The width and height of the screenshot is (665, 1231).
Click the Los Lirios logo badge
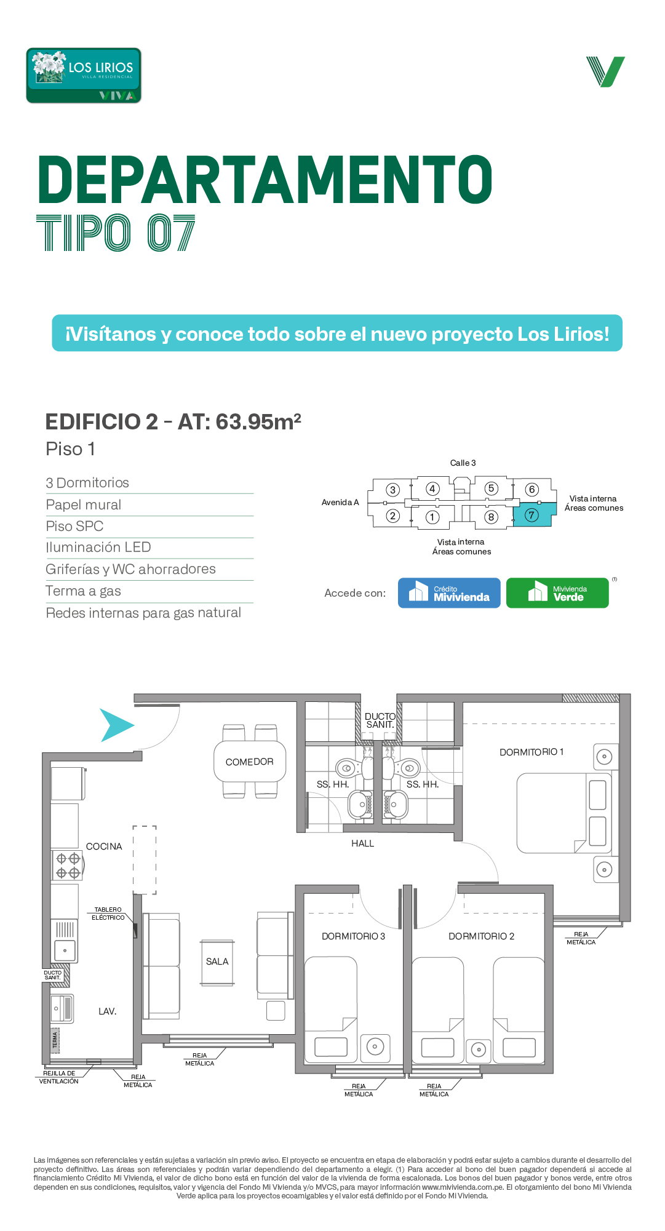click(84, 76)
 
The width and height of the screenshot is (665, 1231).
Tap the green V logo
click(605, 72)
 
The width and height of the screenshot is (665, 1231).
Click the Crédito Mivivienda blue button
click(449, 593)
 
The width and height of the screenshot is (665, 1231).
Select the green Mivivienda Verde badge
click(557, 593)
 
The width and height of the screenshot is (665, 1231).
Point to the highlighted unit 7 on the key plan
click(532, 514)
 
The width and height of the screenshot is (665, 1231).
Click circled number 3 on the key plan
click(392, 490)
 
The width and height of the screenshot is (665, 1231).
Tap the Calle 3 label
click(463, 463)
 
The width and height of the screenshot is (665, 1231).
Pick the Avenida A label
click(340, 502)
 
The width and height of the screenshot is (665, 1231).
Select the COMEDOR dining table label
click(249, 762)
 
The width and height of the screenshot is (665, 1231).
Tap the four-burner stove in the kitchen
click(67, 865)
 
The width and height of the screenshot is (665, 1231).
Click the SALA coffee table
click(217, 962)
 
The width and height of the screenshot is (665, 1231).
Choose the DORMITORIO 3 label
click(353, 936)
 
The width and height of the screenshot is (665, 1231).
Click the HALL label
click(362, 843)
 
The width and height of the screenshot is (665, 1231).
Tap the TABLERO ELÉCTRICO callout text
click(108, 914)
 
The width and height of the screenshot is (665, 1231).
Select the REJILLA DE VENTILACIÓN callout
click(59, 1077)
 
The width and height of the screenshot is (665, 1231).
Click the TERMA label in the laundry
click(55, 1040)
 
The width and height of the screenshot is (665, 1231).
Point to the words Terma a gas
click(83, 591)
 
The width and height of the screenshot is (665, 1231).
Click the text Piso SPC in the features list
click(74, 526)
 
